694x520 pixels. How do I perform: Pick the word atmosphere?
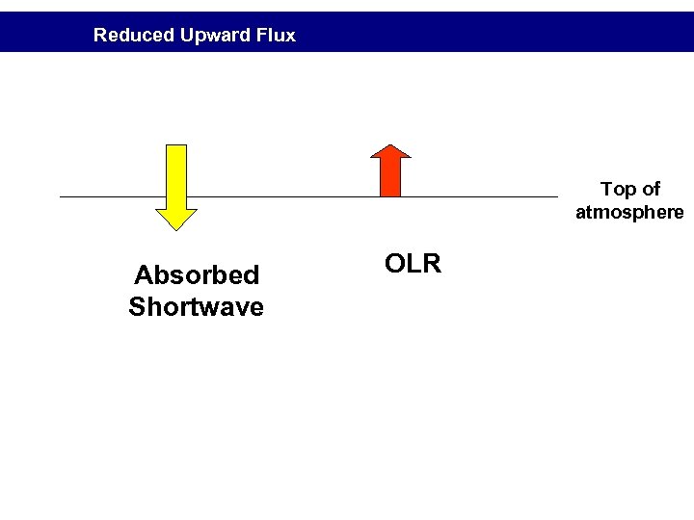click(x=630, y=212)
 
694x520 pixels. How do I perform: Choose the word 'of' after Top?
click(x=651, y=189)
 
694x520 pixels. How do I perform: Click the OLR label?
click(x=413, y=263)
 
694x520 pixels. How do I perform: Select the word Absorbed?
click(x=197, y=275)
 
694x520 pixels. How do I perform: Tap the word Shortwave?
click(x=196, y=307)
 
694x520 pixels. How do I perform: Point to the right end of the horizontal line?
click(x=556, y=196)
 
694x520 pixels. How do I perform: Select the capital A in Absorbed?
click(x=143, y=275)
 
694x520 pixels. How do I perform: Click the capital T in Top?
click(x=606, y=189)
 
